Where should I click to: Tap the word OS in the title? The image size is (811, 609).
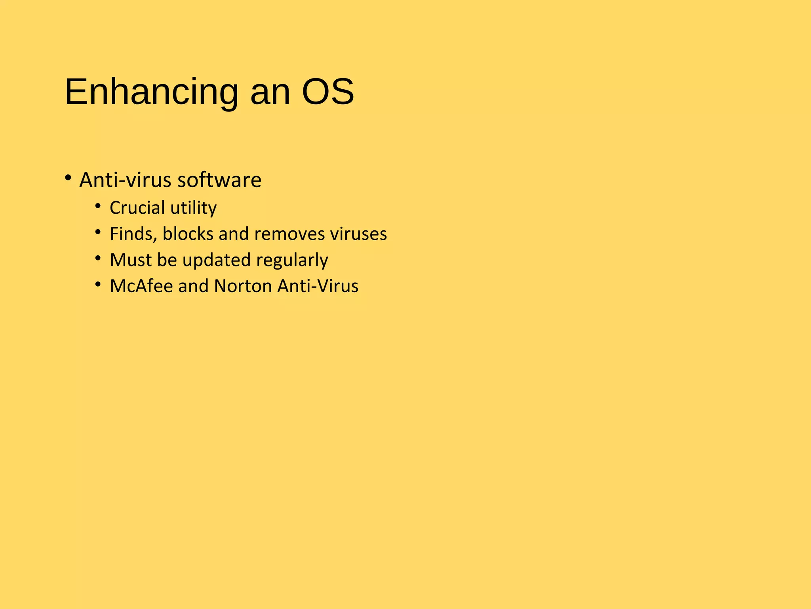[328, 92]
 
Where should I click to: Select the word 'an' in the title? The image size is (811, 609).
[270, 95]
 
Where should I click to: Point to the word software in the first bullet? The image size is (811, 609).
[219, 180]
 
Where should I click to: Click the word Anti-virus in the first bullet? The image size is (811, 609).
[126, 180]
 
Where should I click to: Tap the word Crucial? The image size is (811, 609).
[137, 208]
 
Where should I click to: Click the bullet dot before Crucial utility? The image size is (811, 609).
[98, 206]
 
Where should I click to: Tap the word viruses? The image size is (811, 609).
[358, 234]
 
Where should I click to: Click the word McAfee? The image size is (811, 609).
[141, 286]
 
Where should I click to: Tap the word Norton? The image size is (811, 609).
[243, 286]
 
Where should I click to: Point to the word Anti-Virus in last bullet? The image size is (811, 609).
[318, 286]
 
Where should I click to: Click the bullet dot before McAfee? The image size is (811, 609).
[98, 284]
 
